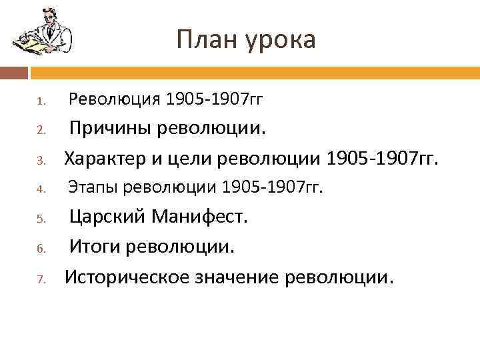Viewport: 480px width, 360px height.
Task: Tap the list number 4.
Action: pos(40,190)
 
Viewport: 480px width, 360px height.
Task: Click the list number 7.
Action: pos(40,278)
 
